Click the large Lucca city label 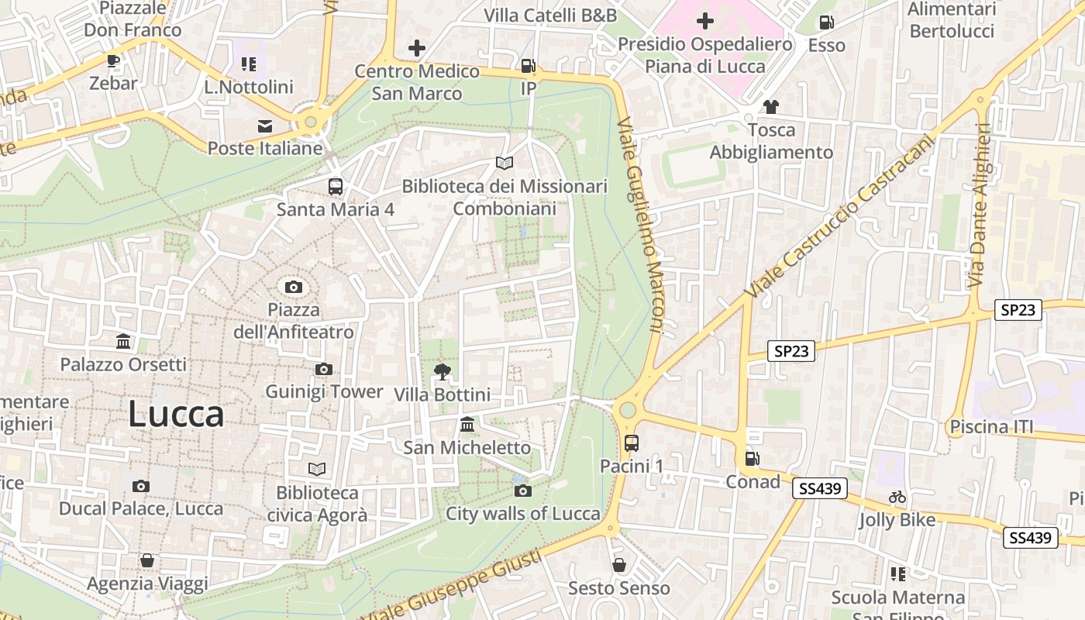tap(176, 414)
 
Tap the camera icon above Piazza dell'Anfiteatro tap(293, 288)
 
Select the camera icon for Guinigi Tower tap(324, 369)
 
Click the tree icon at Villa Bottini tap(442, 372)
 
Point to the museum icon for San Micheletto tap(467, 425)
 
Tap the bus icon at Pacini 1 tap(632, 443)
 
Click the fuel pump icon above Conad tap(752, 459)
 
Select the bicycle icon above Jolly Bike tap(897, 497)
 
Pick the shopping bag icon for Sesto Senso tap(618, 565)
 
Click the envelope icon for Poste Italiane tap(265, 126)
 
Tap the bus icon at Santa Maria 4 tap(336, 187)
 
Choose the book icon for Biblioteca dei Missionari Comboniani tap(505, 164)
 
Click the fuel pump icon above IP tap(528, 67)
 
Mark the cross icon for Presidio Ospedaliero tap(705, 21)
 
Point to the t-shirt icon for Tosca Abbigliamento tap(770, 107)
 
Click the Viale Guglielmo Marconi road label tap(641, 225)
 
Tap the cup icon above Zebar tap(113, 60)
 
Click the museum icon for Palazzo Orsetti tap(122, 342)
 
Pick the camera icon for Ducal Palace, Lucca tap(140, 487)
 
